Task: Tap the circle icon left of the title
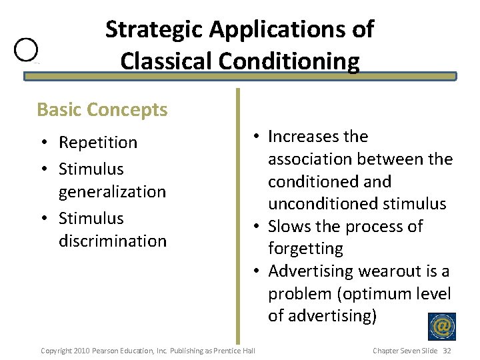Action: (27, 50)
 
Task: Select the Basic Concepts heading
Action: (102, 109)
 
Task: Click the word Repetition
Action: (98, 143)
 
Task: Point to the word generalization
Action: (112, 192)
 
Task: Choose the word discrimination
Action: (113, 241)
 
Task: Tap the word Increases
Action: (298, 137)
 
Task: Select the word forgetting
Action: (305, 249)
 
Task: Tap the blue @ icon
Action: (441, 327)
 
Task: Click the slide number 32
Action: (447, 351)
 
